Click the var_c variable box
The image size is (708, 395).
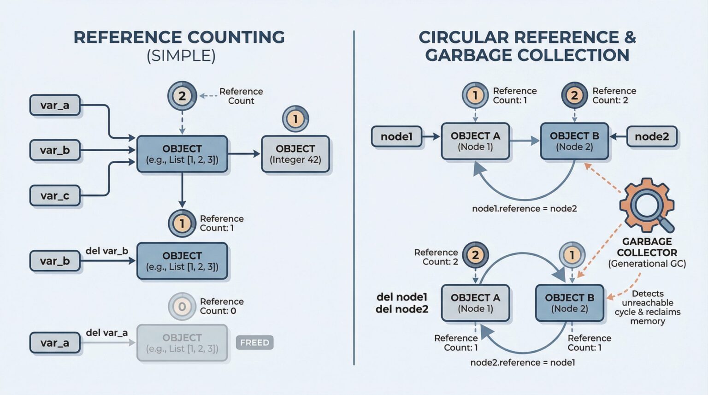55,195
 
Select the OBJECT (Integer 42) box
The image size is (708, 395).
295,154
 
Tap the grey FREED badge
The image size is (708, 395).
254,342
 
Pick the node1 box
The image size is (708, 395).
396,136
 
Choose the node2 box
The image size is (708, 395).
651,136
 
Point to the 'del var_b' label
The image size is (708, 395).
106,251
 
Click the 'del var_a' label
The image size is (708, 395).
106,332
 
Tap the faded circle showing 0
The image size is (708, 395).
182,307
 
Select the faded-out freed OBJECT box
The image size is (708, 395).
182,343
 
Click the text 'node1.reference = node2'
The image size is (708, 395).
524,208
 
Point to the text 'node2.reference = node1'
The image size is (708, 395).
522,362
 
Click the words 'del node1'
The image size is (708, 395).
401,297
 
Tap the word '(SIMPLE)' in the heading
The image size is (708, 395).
181,56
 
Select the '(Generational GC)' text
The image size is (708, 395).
647,264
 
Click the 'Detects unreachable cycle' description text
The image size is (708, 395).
647,307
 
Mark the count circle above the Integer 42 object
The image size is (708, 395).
295,119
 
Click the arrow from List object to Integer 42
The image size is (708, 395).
244,154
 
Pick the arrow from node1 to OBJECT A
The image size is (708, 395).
431,136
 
